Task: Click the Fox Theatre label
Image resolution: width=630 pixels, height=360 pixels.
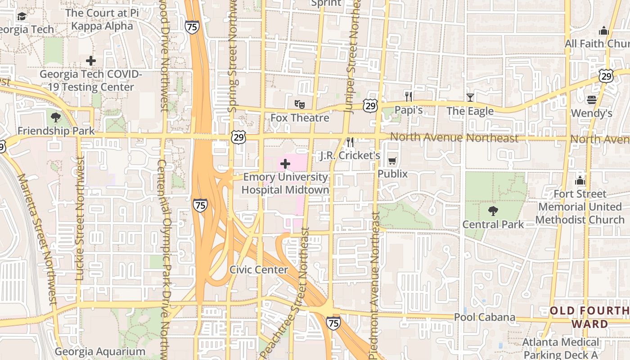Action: tap(300, 118)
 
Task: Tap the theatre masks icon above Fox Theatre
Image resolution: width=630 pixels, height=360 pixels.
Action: tap(300, 104)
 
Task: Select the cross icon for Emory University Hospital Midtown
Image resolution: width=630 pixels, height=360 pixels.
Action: tap(285, 164)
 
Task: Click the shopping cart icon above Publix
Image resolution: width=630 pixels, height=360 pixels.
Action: tap(392, 161)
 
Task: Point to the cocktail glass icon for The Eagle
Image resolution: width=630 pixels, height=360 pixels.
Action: tap(470, 97)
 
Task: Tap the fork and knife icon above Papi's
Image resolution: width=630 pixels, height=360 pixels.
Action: tap(409, 96)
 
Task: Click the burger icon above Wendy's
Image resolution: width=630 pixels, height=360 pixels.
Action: tap(592, 99)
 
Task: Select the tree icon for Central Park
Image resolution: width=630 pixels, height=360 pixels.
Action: tap(493, 211)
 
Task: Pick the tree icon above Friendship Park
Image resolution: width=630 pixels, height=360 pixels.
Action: tap(56, 117)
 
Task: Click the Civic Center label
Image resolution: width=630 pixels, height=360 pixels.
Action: tap(259, 270)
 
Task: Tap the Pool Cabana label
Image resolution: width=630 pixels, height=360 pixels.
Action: tap(484, 317)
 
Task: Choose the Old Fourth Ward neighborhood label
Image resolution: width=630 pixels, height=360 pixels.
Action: tap(589, 317)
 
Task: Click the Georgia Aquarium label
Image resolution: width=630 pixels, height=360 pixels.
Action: tap(100, 351)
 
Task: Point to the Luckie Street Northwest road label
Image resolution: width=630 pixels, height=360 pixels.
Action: tap(80, 219)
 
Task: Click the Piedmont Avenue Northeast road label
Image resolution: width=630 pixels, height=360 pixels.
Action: tap(375, 286)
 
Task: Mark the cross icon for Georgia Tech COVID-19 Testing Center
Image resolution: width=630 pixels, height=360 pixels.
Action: tap(91, 60)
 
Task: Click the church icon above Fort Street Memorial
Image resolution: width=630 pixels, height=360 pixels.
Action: tap(580, 181)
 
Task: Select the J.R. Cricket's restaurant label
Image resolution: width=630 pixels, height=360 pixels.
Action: tap(350, 156)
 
